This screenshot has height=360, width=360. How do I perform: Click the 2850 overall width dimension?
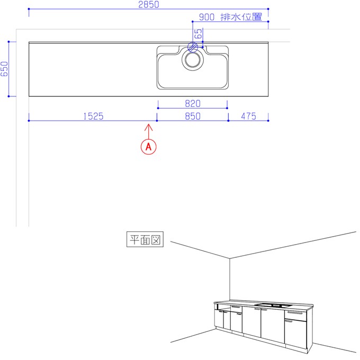click(149, 4)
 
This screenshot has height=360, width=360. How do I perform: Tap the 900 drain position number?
click(206, 17)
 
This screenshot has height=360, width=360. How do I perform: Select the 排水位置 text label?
click(241, 17)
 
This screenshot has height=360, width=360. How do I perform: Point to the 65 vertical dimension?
click(199, 33)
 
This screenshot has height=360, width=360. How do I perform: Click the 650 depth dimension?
click(4, 69)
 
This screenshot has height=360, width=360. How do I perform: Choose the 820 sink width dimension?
click(193, 104)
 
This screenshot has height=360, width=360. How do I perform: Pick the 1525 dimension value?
click(93, 116)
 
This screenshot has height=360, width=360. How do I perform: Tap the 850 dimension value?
click(193, 116)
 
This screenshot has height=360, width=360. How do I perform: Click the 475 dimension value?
click(248, 116)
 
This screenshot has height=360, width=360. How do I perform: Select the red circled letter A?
click(149, 147)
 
